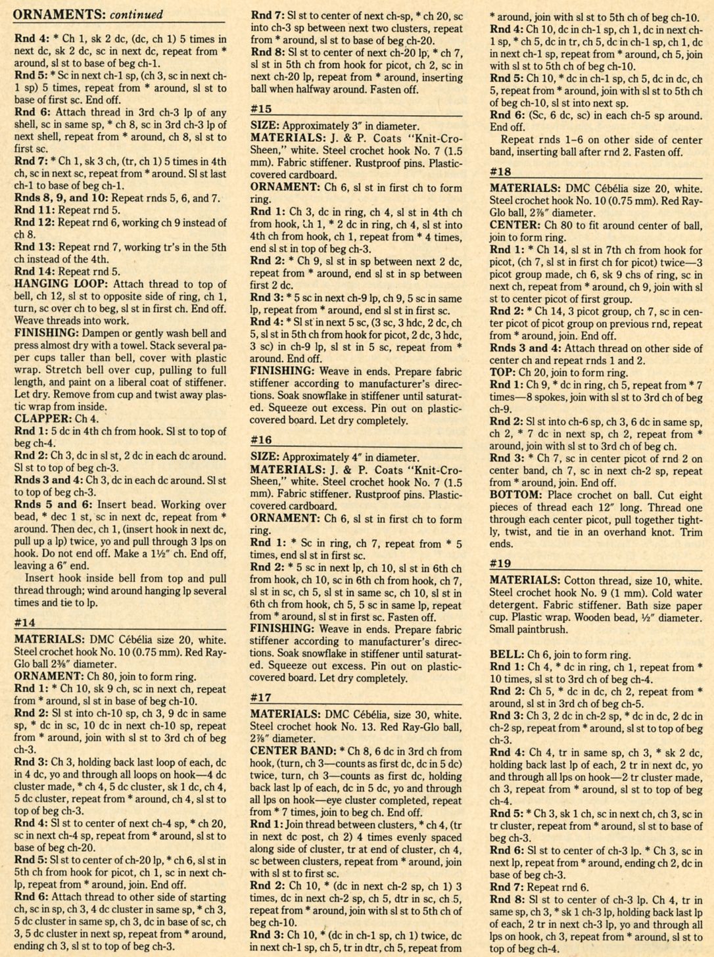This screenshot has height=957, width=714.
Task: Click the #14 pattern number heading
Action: (26, 623)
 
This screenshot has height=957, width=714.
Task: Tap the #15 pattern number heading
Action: (261, 108)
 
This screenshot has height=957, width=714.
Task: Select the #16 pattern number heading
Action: (261, 440)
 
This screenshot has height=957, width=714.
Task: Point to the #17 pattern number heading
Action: (261, 697)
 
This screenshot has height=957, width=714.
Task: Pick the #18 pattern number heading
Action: (501, 171)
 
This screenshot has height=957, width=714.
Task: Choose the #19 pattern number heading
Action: (501, 563)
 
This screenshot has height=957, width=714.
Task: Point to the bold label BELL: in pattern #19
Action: (506, 655)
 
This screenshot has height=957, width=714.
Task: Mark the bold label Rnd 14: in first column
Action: (36, 272)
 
